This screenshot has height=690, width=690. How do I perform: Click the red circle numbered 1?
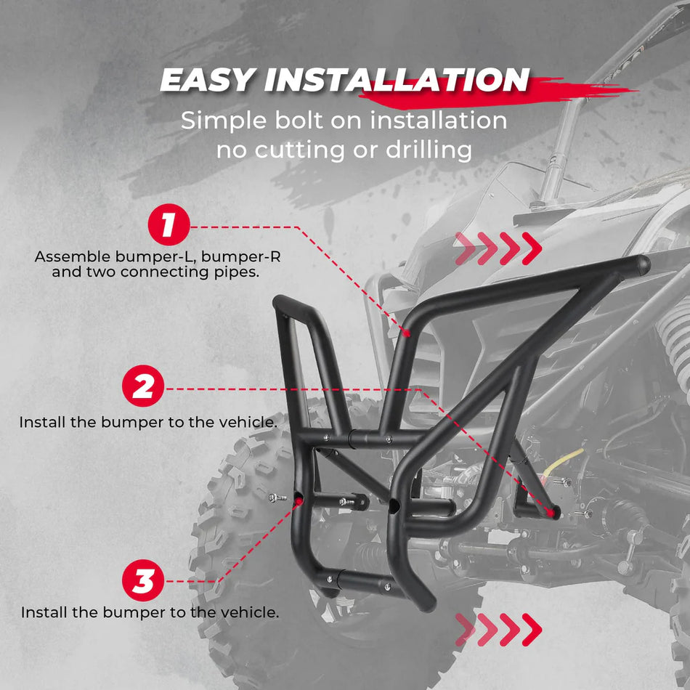[x=169, y=226]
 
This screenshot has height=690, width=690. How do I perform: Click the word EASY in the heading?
[x=207, y=81]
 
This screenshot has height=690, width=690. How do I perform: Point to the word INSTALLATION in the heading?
[x=396, y=81]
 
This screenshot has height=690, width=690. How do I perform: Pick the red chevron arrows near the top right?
[x=498, y=249]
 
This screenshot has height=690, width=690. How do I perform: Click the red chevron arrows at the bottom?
[x=498, y=629]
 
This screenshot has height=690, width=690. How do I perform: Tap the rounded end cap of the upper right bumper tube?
[x=641, y=264]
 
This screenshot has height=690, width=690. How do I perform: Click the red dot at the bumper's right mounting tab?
[x=554, y=513]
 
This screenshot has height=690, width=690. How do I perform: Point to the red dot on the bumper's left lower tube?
[x=298, y=500]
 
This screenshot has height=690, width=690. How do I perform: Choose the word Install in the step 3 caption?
[x=44, y=612]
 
